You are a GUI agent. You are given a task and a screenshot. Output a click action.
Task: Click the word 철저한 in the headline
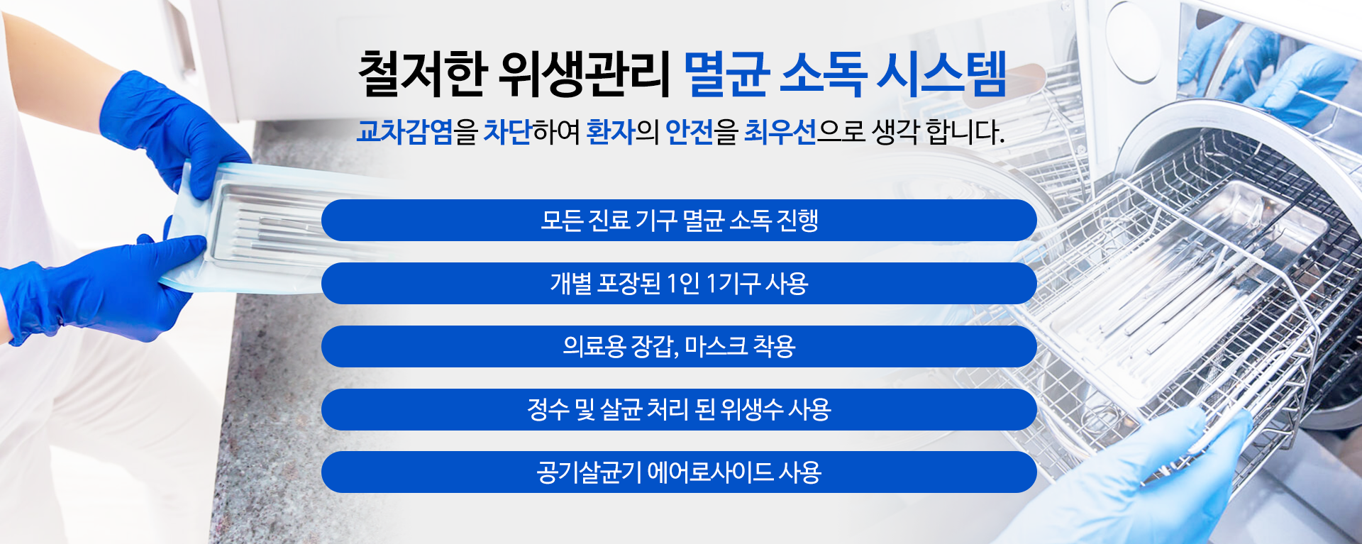coord(423,74)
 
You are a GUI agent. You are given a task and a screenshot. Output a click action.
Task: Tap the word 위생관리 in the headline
coord(585,74)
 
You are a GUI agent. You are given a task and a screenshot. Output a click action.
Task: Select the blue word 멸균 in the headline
coord(726,74)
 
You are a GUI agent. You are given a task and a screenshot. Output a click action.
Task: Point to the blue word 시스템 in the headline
coord(942,74)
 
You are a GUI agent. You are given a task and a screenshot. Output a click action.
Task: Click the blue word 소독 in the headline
coord(823,74)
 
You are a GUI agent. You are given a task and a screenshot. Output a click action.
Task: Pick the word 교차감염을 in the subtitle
coord(416,132)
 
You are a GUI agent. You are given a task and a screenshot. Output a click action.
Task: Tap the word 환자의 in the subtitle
coord(622,132)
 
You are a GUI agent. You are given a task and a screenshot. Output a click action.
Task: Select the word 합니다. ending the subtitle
coord(965,132)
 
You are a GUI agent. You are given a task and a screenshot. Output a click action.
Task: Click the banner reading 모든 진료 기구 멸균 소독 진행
coord(679,221)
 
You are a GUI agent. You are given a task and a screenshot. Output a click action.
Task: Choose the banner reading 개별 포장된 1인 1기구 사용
coord(679,284)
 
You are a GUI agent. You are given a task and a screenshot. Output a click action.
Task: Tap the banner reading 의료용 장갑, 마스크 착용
coord(679,346)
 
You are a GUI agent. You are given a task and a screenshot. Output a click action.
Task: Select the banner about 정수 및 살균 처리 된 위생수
coord(679,409)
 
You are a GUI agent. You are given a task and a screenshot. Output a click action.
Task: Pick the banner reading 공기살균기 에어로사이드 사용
coord(679,472)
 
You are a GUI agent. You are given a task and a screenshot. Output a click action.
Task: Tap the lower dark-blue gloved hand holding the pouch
coord(99,287)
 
